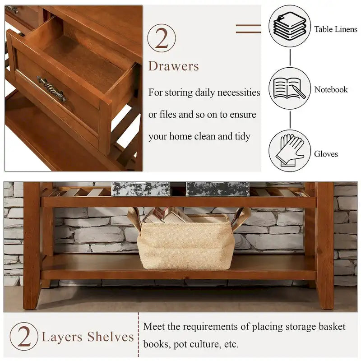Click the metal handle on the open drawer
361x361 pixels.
tap(51, 89)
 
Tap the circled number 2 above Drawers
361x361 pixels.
tap(161, 38)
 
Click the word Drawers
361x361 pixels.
tap(173, 66)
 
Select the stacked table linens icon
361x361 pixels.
tap(290, 26)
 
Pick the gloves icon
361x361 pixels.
tap(290, 151)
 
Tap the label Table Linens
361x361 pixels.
tap(336, 29)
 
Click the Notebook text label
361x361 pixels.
tap(331, 90)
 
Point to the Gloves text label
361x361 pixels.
tap(326, 154)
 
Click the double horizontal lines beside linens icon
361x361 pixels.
tap(248, 29)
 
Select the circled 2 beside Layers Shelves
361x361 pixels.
tap(24, 337)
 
